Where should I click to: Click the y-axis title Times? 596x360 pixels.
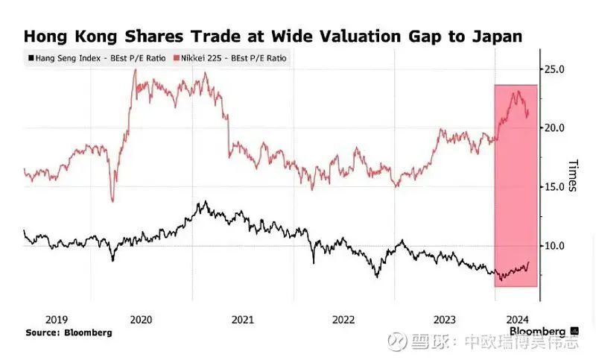[572, 175]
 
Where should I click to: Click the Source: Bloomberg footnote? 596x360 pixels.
[69, 332]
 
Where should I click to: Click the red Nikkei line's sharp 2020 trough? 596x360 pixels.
[112, 200]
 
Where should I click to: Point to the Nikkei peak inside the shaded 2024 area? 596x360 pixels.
[516, 92]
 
